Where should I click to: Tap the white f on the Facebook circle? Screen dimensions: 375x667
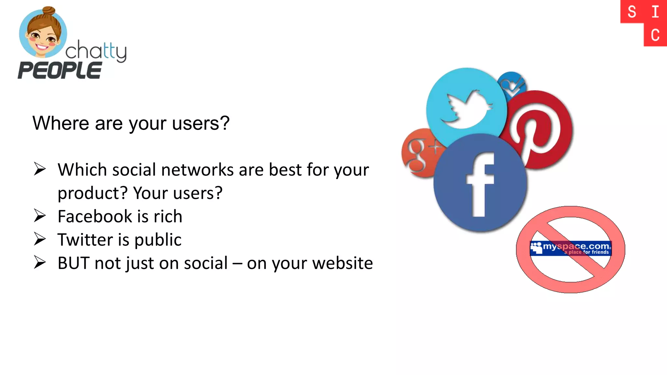tap(480, 184)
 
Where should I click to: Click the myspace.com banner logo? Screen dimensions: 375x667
tap(571, 248)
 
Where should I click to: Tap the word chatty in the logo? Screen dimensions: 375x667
tap(96, 51)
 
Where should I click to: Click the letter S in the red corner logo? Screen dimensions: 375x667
tap(632, 12)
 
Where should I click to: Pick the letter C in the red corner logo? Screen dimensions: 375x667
tap(655, 35)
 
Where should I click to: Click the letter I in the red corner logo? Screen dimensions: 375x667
tap(655, 12)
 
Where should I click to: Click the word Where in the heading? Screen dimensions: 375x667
tap(61, 123)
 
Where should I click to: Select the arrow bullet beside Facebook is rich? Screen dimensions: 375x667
tap(40, 216)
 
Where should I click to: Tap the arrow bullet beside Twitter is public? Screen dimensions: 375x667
tap(40, 239)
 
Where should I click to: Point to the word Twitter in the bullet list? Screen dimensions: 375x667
tap(85, 240)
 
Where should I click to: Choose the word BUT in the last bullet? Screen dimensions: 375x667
tap(74, 263)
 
